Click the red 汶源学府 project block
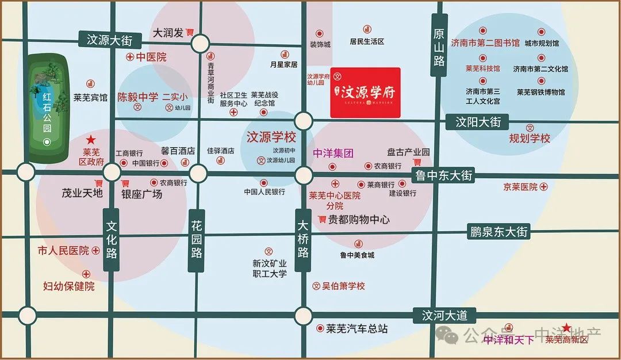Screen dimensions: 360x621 coord(365,92)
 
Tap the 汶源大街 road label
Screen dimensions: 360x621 coord(109,40)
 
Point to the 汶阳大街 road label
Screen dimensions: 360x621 coord(478,122)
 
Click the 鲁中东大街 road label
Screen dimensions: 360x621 coord(444,175)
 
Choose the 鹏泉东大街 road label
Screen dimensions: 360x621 coord(498,232)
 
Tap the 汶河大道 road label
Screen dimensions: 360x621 coord(444,315)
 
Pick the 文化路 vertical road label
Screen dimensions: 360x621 coord(112,239)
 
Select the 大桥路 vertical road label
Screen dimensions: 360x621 coord(303,239)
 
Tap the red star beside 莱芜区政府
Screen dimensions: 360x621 coord(90,140)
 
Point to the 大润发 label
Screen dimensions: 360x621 coord(168,33)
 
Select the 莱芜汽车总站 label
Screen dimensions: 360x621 coord(356,329)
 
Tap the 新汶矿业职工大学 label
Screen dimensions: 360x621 coord(270,268)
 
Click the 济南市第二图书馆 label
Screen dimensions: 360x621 coord(485,43)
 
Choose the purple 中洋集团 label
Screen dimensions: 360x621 coord(333,154)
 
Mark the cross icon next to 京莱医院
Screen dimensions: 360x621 coord(544,187)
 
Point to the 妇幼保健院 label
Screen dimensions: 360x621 coord(69,286)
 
